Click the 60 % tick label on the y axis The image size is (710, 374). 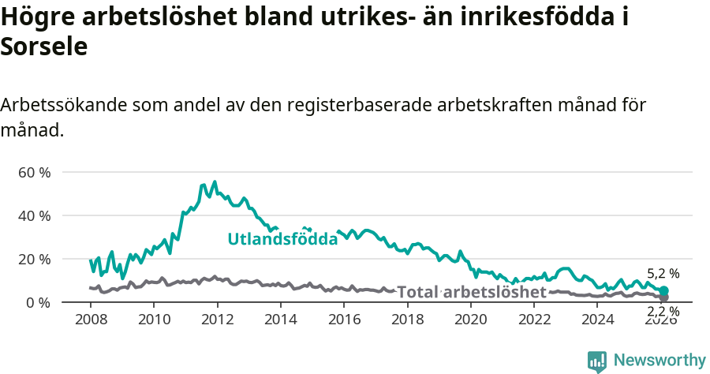click(x=34, y=172)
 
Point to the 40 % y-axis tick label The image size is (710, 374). click(x=34, y=215)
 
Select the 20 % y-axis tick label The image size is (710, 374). click(x=34, y=259)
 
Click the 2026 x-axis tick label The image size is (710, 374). click(x=661, y=319)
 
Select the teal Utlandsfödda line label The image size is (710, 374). click(x=282, y=239)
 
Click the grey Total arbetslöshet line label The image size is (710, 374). click(x=471, y=292)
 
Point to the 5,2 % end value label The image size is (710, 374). click(x=663, y=274)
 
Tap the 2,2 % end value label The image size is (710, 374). click(x=663, y=311)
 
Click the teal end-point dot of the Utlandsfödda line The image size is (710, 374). click(x=664, y=291)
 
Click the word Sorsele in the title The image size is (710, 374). click(x=43, y=47)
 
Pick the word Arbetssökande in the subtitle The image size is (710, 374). click(x=64, y=104)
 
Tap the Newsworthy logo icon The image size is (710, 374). click(x=597, y=361)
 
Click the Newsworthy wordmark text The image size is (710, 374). click(x=660, y=361)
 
